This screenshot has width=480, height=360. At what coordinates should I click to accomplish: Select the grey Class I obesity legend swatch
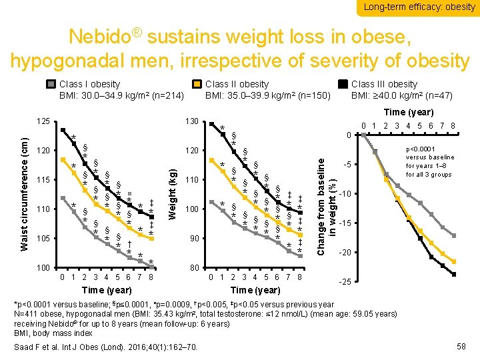(50, 85)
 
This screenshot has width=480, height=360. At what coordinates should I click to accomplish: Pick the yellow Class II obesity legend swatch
(197, 85)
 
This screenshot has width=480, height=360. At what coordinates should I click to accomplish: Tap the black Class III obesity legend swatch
(343, 85)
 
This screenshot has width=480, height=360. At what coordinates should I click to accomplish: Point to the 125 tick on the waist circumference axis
(43, 121)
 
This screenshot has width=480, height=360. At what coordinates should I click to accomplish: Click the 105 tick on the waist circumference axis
(43, 238)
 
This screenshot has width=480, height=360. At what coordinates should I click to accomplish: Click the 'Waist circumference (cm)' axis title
(25, 194)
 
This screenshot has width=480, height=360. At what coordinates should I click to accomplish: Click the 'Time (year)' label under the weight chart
(256, 290)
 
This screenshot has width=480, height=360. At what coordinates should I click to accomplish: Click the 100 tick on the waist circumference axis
(43, 267)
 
